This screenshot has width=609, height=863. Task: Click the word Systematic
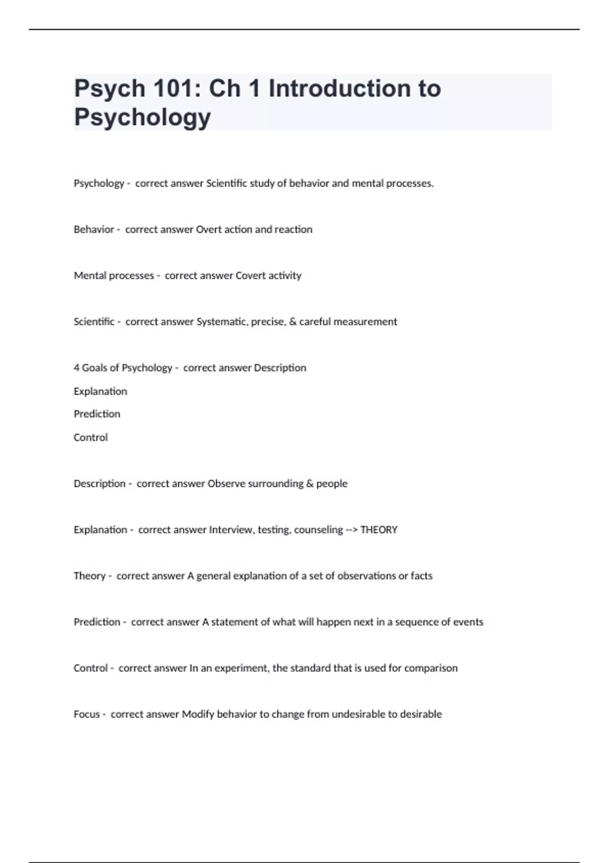[222, 322]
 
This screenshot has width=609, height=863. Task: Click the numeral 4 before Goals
[77, 368]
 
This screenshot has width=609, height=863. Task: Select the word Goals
[94, 368]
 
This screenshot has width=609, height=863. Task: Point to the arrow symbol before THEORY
[352, 530]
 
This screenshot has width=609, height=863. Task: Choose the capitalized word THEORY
[379, 530]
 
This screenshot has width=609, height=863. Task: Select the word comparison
[431, 669]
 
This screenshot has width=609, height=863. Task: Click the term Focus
[87, 714]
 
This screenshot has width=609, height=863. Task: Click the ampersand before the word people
[310, 484]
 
